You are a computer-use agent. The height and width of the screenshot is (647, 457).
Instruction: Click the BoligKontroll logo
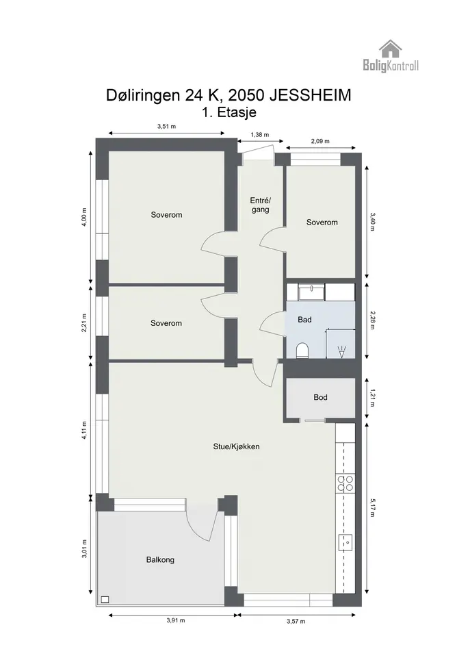coord(391,56)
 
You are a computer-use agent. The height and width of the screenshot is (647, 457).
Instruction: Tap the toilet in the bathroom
coord(302,351)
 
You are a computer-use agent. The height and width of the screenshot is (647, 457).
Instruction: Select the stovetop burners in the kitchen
coord(345,483)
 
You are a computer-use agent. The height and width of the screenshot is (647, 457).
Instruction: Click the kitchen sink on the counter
coord(345,542)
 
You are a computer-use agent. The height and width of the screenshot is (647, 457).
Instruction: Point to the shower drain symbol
coord(341,352)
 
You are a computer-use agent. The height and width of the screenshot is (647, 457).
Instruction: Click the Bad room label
coord(305,319)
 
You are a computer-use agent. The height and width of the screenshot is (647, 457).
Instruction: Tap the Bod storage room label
coord(320,397)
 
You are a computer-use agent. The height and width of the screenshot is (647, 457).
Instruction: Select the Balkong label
coord(160,560)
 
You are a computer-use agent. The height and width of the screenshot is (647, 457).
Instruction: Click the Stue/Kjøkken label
coord(236,446)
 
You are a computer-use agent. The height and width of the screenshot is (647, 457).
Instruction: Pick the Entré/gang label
coord(260,205)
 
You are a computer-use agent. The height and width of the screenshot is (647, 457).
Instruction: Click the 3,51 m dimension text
coord(167,126)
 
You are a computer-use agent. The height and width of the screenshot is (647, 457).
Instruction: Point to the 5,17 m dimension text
coord(372,508)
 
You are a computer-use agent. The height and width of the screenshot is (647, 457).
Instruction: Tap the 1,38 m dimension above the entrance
coord(260,134)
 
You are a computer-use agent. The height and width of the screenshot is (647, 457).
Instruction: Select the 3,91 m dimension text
coord(176,620)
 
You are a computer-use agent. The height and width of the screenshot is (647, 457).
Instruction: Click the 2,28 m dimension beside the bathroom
coord(372,320)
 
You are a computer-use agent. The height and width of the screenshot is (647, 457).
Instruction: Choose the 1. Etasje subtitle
coord(229,112)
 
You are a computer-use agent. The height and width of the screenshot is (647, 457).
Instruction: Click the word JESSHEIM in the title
coord(310,95)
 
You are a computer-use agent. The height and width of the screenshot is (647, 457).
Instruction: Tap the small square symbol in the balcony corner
coord(105,600)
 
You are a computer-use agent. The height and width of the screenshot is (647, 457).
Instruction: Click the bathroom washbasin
coord(311,292)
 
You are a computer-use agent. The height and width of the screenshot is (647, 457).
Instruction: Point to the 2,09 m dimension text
coord(320,141)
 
